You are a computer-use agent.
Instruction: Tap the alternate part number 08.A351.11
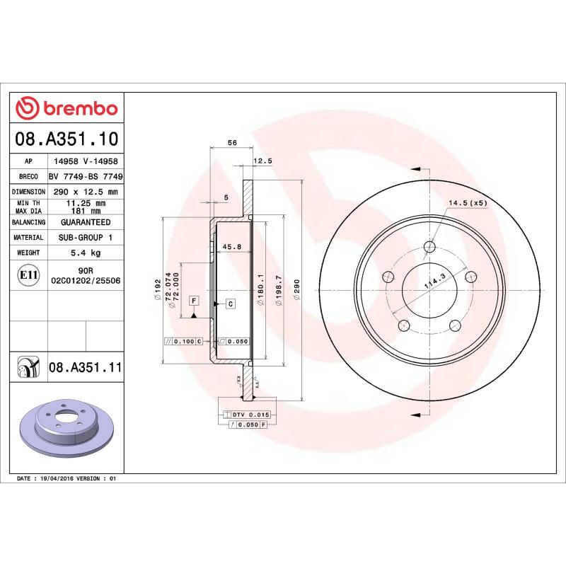pyautogui.click(x=86, y=367)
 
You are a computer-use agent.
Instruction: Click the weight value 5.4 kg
pyautogui.click(x=85, y=253)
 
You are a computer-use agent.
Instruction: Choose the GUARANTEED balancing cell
pyautogui.click(x=85, y=222)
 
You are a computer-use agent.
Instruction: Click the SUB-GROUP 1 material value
pyautogui.click(x=85, y=238)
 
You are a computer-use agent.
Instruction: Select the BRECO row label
pyautogui.click(x=29, y=176)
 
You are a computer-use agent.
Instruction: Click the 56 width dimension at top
pyautogui.click(x=231, y=143)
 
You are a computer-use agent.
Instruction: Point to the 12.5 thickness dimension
pyautogui.click(x=262, y=161)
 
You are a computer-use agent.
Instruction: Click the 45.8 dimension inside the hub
pyautogui.click(x=232, y=246)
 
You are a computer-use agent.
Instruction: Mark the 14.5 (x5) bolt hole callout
pyautogui.click(x=467, y=204)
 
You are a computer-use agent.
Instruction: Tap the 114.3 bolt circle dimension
pyautogui.click(x=429, y=279)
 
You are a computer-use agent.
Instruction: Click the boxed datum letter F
pyautogui.click(x=193, y=301)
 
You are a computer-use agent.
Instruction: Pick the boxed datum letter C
pyautogui.click(x=231, y=304)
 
